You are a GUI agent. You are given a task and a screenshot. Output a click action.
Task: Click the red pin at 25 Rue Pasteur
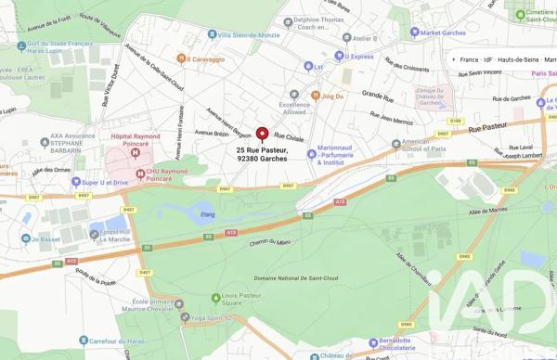point(262,135)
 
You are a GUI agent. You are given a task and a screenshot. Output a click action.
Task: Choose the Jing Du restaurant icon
point(315,96)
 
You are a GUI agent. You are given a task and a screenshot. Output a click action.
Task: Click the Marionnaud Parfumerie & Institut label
point(345,154)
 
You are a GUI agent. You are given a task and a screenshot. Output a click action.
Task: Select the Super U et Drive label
point(108,182)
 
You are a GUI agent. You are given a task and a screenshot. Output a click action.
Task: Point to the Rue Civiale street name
point(289,137)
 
